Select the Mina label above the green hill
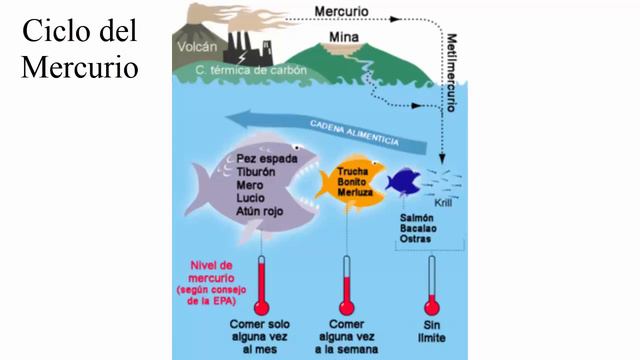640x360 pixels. [x=343, y=37]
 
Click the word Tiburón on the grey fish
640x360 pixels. [x=257, y=172]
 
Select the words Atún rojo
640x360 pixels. [x=262, y=212]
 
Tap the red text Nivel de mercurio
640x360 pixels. [x=217, y=271]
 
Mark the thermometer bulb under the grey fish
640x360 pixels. [x=261, y=306]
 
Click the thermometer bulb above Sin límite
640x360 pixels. [x=432, y=306]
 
